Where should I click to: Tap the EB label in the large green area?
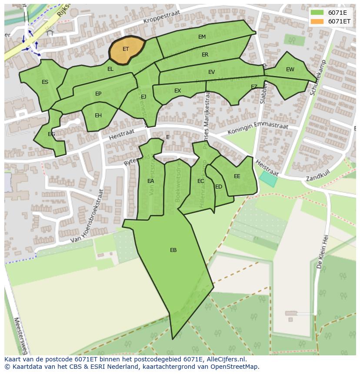pos(173,250)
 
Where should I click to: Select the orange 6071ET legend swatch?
pos(317,21)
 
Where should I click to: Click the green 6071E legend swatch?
pos(317,13)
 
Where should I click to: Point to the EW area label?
pos(290,70)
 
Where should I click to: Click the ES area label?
pos(45,82)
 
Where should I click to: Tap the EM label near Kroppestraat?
pos(202,37)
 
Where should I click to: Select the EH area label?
pos(98,116)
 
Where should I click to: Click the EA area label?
pos(150,181)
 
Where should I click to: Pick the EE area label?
pos(237,176)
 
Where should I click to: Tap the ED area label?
pos(219,187)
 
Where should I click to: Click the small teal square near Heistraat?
pos(268,179)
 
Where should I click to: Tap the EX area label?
pos(177,91)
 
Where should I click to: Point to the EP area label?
pos(98,94)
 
